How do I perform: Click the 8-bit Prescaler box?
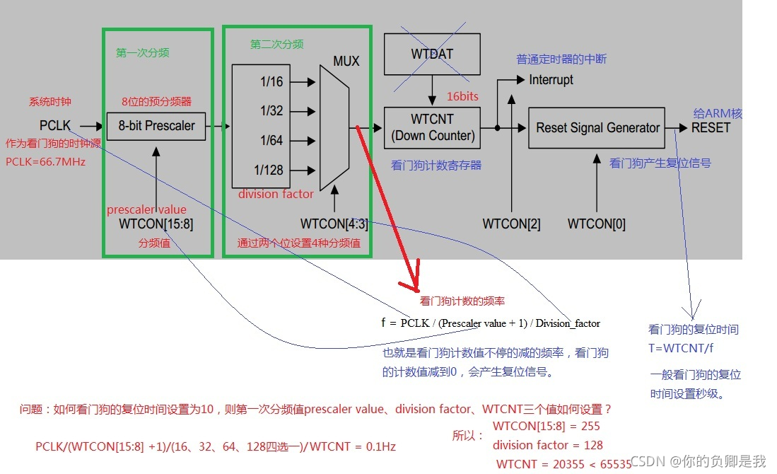[x=156, y=127]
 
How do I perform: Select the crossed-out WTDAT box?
[x=431, y=54]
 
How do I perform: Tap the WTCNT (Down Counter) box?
[x=431, y=127]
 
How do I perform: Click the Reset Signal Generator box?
[x=597, y=127]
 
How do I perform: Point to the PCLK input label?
[x=55, y=126]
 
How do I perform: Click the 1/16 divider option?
[x=271, y=82]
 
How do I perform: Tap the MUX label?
[x=346, y=62]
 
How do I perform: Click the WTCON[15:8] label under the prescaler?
[x=156, y=224]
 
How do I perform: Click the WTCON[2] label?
[x=511, y=224]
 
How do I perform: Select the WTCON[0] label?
[x=596, y=224]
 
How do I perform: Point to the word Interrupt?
[x=551, y=80]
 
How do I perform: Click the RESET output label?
[x=711, y=128]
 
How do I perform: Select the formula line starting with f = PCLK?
[x=490, y=323]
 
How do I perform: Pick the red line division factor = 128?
[x=548, y=445]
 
